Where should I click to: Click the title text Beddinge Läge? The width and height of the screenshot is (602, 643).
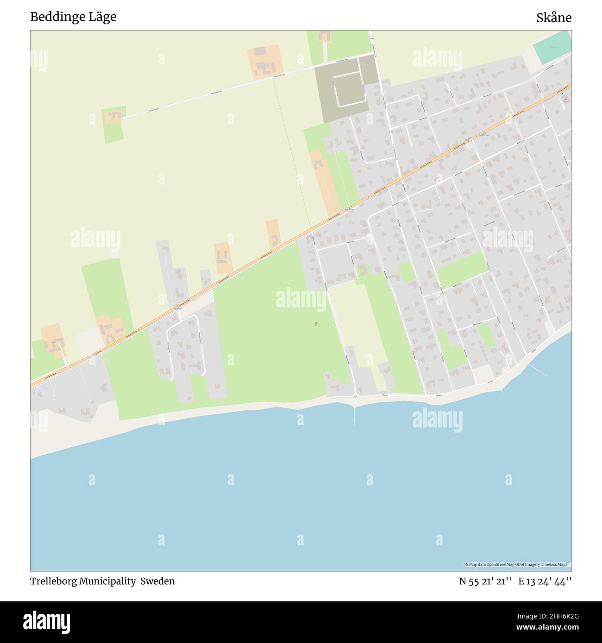(x=73, y=17)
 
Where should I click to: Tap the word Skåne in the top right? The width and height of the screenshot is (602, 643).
(x=554, y=18)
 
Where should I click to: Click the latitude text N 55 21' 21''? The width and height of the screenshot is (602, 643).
(x=485, y=581)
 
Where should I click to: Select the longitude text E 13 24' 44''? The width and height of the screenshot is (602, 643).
(x=545, y=581)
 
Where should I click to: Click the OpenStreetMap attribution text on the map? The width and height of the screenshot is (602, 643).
(x=518, y=564)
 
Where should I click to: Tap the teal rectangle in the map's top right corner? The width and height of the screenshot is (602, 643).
(x=552, y=48)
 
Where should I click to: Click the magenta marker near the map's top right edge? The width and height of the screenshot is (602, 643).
(x=565, y=99)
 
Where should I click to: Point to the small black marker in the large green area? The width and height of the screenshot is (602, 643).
(x=316, y=323)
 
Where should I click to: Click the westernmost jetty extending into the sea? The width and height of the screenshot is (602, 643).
(x=354, y=414)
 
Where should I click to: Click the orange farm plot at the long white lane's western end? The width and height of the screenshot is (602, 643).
(x=113, y=116)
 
